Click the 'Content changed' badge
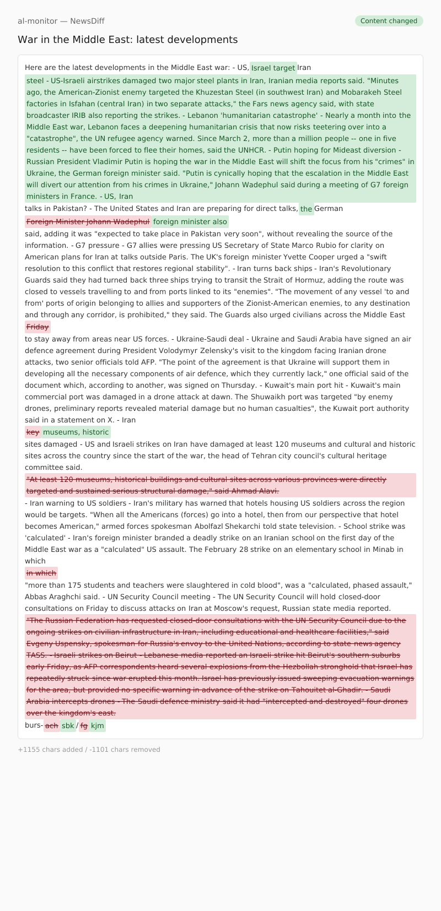coord(389,21)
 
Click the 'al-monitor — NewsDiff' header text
coord(61,21)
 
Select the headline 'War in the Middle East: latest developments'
coord(127,40)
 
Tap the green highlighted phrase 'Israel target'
coord(273,68)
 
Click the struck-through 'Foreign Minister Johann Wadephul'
coord(88,222)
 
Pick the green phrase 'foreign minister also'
coord(190,222)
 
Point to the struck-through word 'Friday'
coord(37,327)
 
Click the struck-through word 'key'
coord(33,432)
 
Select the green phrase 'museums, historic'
coord(76,432)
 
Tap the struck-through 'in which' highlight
coord(41,573)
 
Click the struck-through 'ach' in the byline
coord(52,726)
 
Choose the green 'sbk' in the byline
coord(68,726)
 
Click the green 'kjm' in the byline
coord(98,726)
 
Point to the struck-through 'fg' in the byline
coord(84,726)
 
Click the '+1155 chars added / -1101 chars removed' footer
coord(89,750)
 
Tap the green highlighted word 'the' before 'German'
coord(306,209)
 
